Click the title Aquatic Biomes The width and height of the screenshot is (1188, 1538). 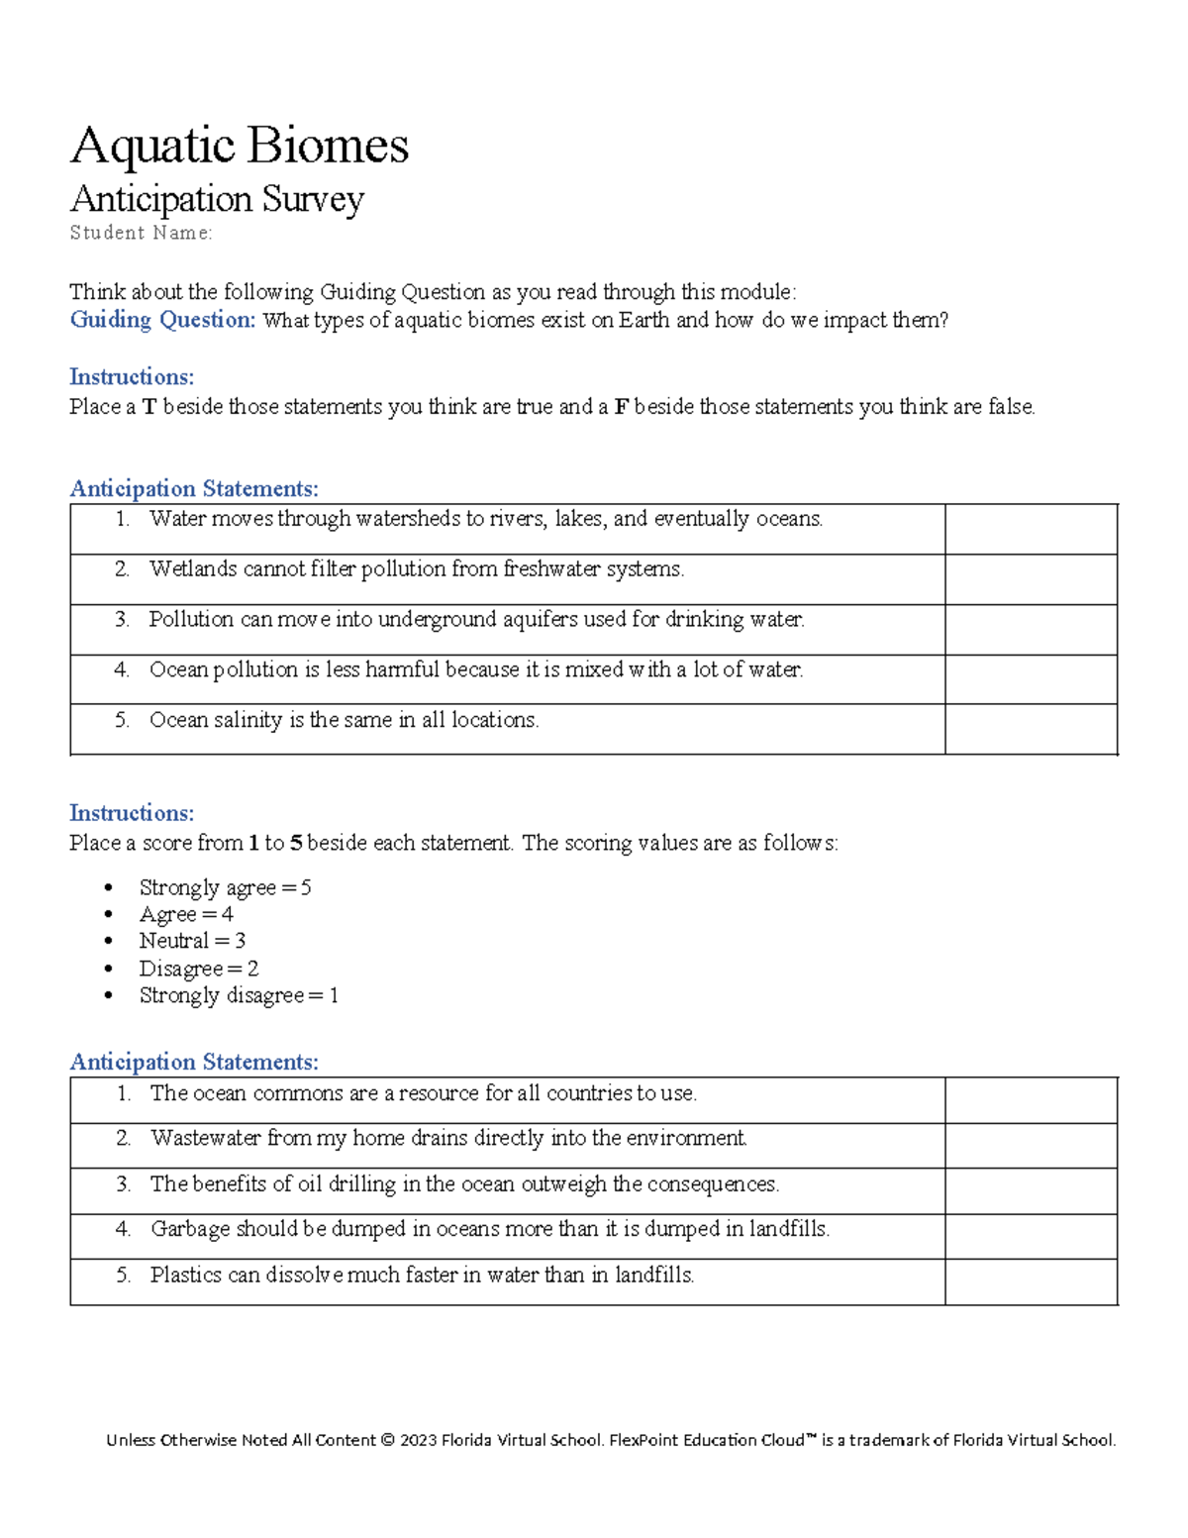239,146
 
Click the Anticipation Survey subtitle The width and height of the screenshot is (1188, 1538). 217,199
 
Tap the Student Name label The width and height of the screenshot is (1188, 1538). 141,233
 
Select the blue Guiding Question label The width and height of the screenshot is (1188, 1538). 162,320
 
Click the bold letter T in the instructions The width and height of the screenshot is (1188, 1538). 149,407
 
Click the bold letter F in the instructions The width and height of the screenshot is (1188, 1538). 621,407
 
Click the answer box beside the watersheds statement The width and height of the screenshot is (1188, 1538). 1031,529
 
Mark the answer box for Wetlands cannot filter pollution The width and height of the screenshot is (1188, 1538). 1031,579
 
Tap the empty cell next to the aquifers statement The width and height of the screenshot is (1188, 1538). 1031,630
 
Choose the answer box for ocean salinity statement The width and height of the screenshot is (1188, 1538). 1031,730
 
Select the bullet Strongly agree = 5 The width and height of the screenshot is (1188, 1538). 225,887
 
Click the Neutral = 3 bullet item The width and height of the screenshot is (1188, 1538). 192,941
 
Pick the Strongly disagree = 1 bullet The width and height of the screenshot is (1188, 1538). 239,995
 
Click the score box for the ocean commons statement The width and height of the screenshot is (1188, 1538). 1031,1100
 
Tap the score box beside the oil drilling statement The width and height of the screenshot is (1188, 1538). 1031,1191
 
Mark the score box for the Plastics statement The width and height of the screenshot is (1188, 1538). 1031,1282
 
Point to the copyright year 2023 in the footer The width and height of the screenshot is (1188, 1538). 418,1440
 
